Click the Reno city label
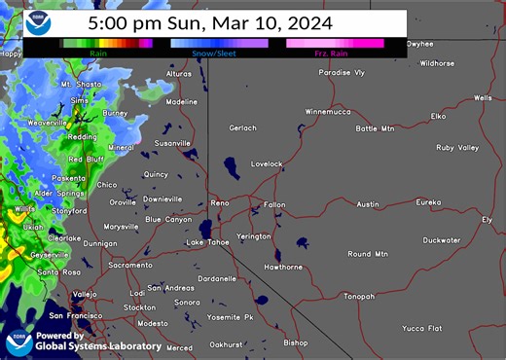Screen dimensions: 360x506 click(x=220, y=202)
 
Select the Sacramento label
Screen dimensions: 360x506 click(x=130, y=265)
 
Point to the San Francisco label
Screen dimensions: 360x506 click(x=76, y=316)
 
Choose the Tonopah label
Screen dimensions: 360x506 click(x=358, y=296)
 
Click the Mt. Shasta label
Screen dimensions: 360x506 click(x=81, y=85)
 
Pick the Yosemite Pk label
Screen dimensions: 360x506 click(x=230, y=317)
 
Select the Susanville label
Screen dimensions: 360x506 click(x=173, y=143)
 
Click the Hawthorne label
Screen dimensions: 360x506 click(x=283, y=267)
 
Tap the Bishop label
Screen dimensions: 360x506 click(x=295, y=342)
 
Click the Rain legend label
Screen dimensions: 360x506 click(x=99, y=53)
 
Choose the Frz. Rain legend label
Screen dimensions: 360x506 click(x=331, y=53)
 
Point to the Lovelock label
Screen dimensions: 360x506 click(x=267, y=163)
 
